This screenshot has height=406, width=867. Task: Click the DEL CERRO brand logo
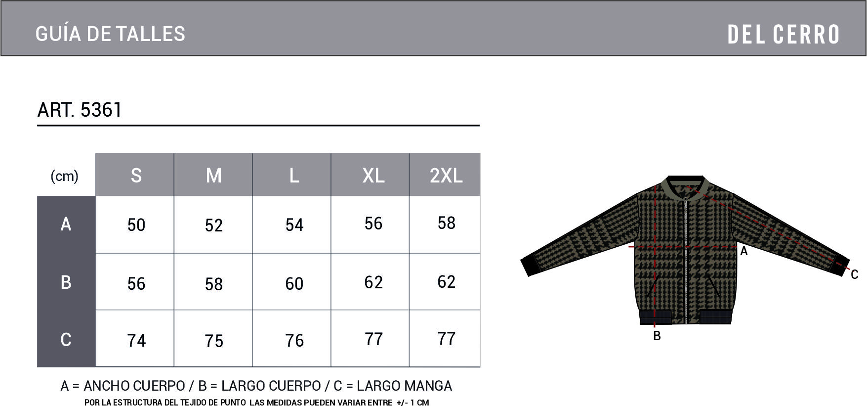(x=784, y=35)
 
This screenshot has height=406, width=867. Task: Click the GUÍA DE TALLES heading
(x=110, y=34)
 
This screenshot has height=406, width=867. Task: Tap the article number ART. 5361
(x=80, y=109)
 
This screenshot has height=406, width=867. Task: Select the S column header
(x=136, y=176)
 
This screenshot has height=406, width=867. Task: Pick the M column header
(x=213, y=176)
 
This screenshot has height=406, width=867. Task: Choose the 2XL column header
(x=446, y=176)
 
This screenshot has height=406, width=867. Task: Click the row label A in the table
(x=66, y=224)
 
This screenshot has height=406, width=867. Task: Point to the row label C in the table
(x=66, y=339)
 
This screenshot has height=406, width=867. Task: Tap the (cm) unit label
(x=65, y=176)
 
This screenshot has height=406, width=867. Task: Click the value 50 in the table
(x=136, y=225)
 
